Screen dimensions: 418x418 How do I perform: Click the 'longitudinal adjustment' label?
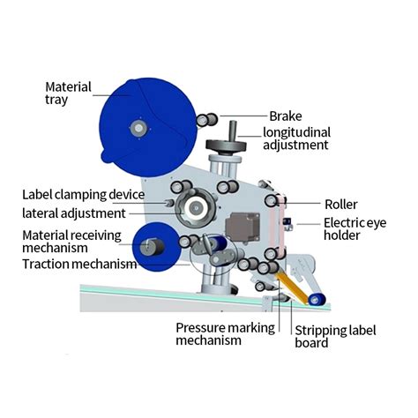pyautogui.click(x=296, y=138)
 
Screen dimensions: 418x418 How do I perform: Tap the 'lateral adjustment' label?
pyautogui.click(x=74, y=213)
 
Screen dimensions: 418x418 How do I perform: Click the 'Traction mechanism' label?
pyautogui.click(x=79, y=264)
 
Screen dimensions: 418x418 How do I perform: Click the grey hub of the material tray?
pyautogui.click(x=138, y=129)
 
